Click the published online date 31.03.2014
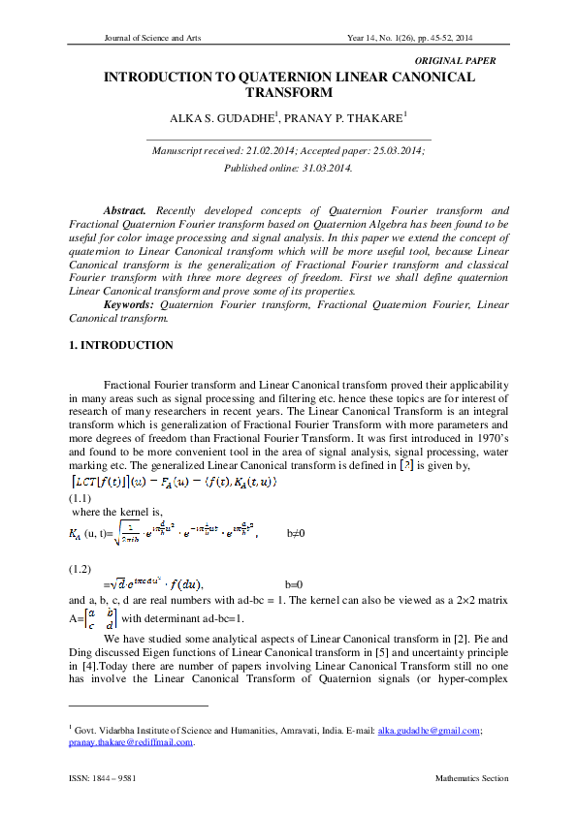(317, 168)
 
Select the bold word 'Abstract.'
(124, 210)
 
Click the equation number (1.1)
(80, 499)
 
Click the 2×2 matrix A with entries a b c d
(94, 618)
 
